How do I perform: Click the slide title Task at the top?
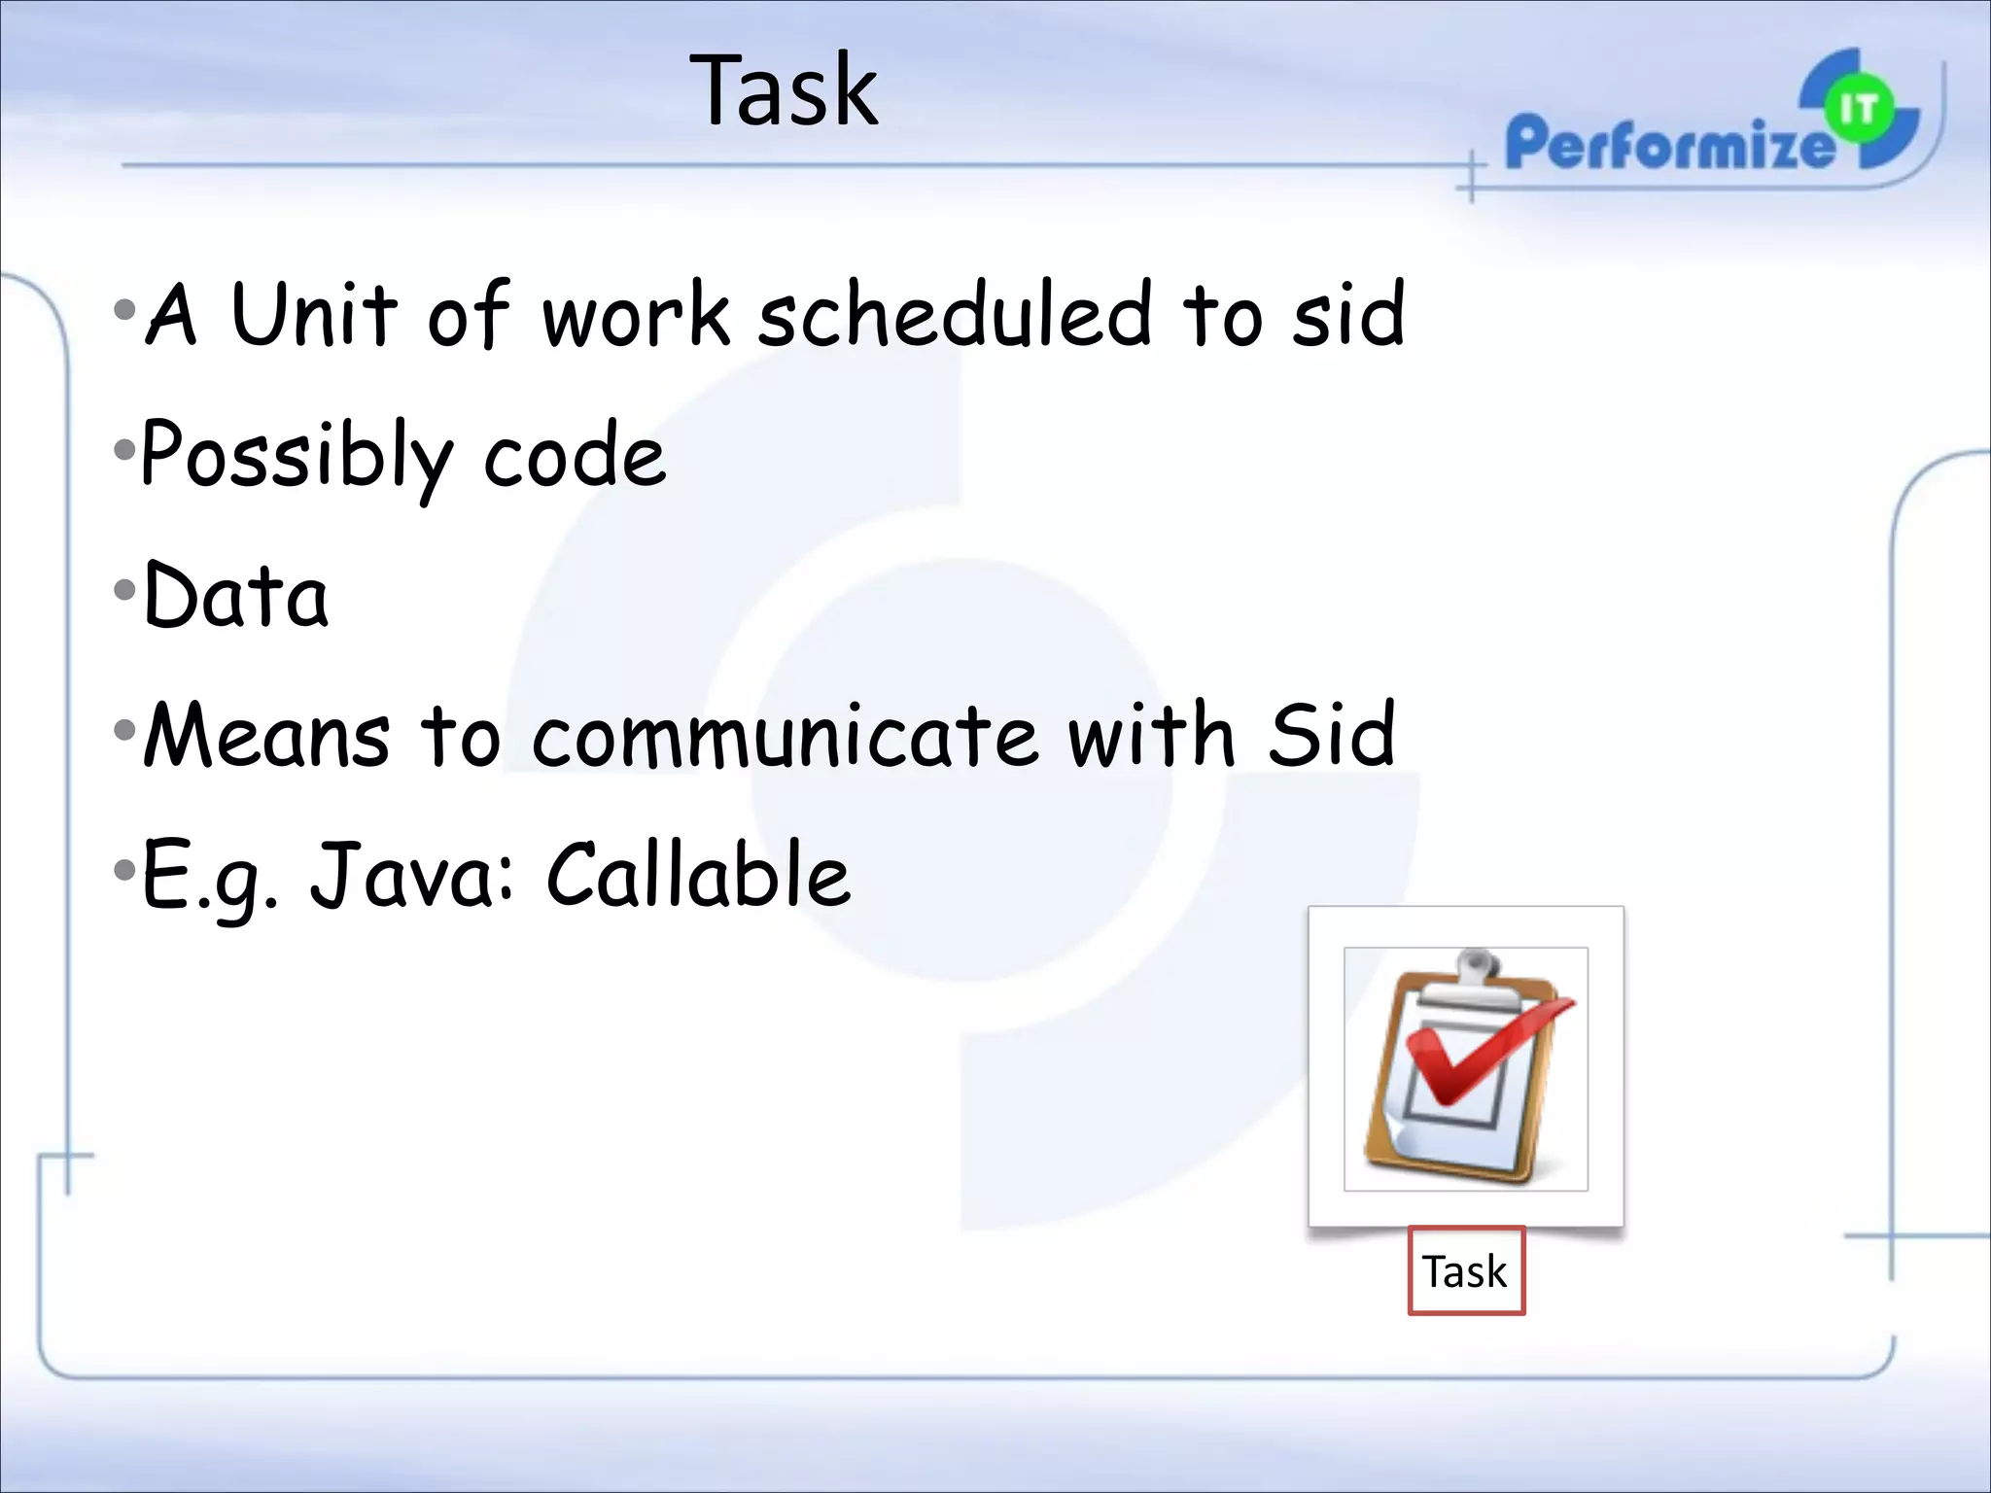point(784,91)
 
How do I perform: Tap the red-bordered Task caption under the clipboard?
point(1465,1271)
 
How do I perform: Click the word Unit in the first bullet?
point(314,314)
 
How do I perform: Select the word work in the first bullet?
point(636,314)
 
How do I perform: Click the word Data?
point(235,595)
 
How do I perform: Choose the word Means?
point(266,735)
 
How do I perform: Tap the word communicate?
point(785,735)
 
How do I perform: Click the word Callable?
point(698,875)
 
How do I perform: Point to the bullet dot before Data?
point(123,590)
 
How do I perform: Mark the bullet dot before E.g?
point(123,869)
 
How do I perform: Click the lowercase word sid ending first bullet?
point(1348,314)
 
